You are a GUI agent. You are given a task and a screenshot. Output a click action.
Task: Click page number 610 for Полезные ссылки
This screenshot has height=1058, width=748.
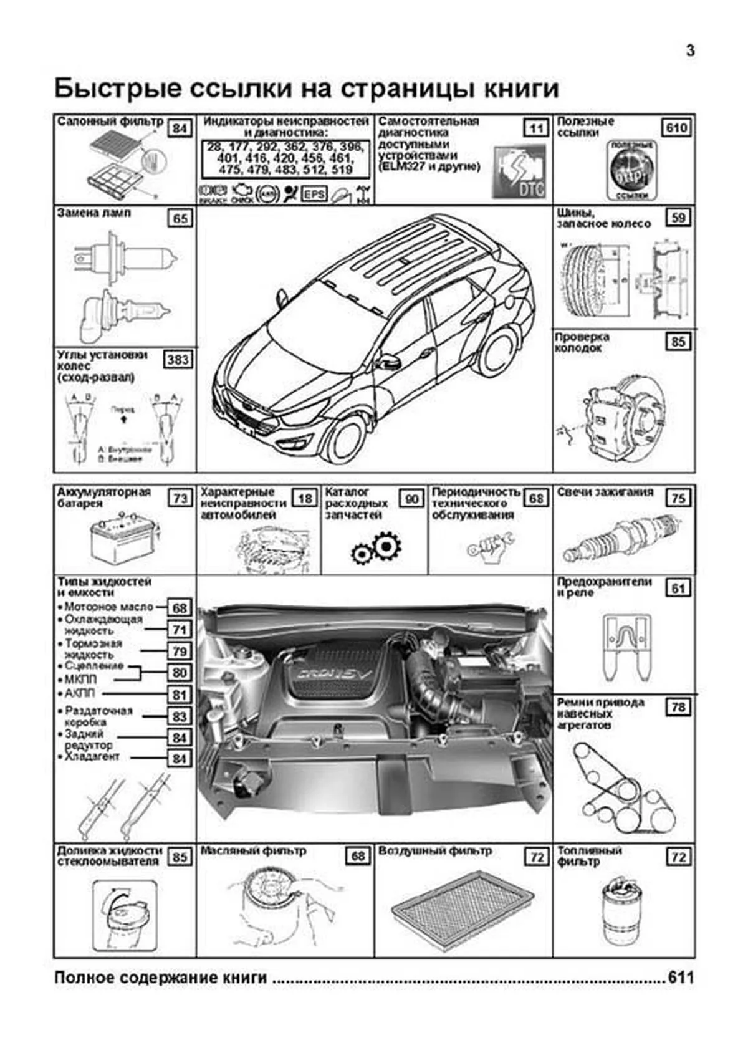coord(676,128)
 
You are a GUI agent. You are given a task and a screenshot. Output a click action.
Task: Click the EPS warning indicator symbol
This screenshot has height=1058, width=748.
coord(314,194)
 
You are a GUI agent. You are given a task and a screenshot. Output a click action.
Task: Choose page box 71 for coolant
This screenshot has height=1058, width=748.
coord(180,630)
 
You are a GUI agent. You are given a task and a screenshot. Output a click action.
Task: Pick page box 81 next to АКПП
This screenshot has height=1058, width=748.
coord(180,695)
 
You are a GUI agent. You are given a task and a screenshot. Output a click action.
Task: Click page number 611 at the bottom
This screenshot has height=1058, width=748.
coord(680,978)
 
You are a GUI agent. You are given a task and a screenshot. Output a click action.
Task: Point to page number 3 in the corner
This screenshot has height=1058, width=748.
coord(690,51)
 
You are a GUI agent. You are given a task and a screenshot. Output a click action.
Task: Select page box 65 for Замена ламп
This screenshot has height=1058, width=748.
coord(180,219)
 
